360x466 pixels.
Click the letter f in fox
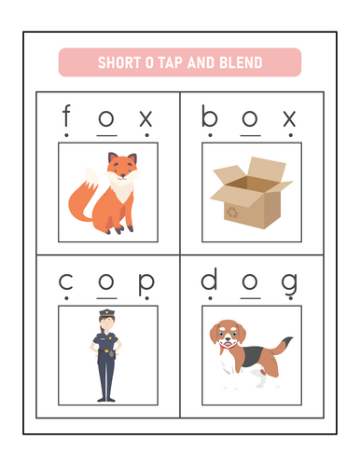coord(66,116)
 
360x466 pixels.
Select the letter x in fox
coord(145,118)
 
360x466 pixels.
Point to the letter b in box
coord(209,116)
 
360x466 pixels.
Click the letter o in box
coord(250,118)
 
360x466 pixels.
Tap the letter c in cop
coord(66,281)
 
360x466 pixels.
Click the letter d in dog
coord(209,279)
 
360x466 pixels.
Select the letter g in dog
coord(289,284)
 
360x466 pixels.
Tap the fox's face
coord(122,168)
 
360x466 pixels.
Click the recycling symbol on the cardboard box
coord(232,212)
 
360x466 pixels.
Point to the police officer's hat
coord(107,313)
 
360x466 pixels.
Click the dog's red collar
coord(228,346)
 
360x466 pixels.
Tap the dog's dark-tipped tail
coord(282,345)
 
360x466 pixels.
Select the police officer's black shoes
coord(106,399)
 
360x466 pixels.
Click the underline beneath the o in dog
coord(250,298)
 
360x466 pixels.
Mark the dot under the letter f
coord(66,135)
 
